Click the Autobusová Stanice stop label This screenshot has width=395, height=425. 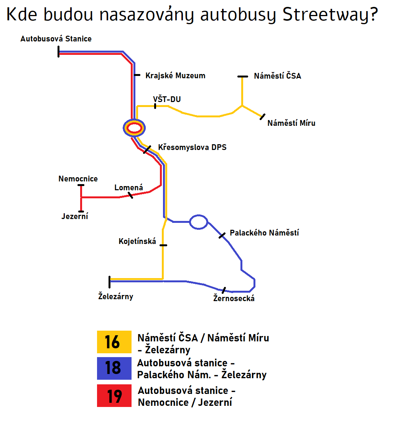[56, 39]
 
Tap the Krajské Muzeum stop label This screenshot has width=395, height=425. [175, 76]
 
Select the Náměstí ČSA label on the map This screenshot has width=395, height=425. [277, 76]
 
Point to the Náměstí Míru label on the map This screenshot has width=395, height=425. [291, 123]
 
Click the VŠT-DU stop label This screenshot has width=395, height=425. [167, 99]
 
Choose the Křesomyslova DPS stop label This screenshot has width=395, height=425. [192, 147]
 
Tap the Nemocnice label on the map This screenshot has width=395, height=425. [78, 179]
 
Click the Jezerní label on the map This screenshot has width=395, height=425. [75, 216]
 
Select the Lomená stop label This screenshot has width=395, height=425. [128, 188]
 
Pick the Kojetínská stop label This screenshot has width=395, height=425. [137, 241]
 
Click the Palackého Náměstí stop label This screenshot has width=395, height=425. [264, 233]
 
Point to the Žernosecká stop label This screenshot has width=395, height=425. [234, 298]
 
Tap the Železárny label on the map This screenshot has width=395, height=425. [115, 296]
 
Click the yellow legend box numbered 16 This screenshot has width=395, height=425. [114, 342]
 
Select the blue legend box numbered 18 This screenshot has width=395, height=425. [114, 368]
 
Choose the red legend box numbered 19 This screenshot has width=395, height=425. [114, 395]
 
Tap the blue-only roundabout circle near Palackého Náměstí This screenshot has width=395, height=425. [199, 222]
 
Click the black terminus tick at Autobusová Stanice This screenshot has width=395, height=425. [58, 52]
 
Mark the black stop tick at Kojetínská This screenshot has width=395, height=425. [163, 245]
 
